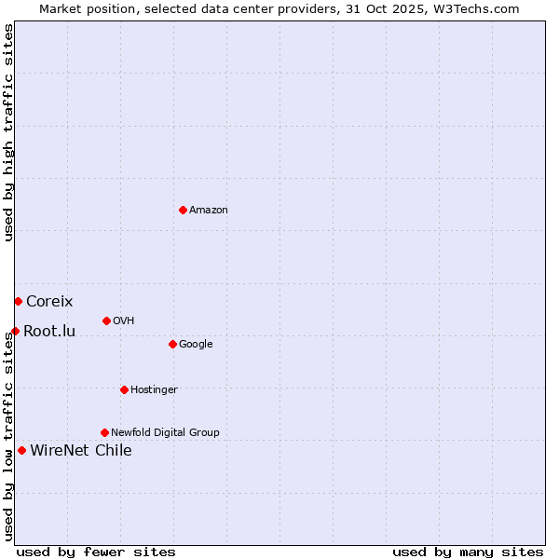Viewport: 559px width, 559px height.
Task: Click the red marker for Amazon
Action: point(183,210)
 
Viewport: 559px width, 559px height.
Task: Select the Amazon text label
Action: point(209,211)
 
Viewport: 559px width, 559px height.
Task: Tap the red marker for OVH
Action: point(106,320)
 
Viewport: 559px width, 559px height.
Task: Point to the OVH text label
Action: point(124,321)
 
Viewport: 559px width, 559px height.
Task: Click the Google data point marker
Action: point(172,344)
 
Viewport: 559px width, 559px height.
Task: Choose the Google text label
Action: point(196,345)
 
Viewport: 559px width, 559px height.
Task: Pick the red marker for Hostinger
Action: point(124,389)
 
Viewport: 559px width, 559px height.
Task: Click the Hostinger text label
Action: point(154,390)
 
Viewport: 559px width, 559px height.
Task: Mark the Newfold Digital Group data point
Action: point(104,432)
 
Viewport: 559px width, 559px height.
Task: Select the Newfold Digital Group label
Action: point(165,433)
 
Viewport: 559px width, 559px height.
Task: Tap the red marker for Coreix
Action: point(18,301)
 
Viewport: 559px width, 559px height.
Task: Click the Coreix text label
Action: point(49,302)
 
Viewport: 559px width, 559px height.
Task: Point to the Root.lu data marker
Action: point(15,331)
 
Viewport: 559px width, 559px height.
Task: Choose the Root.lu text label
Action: point(49,332)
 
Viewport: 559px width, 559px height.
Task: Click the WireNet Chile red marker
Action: point(21,450)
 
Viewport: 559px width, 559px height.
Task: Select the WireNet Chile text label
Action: point(81,451)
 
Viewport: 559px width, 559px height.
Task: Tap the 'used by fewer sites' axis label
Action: point(96,552)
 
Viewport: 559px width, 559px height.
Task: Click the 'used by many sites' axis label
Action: point(468,552)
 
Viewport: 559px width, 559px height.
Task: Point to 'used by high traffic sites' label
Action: point(8,132)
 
